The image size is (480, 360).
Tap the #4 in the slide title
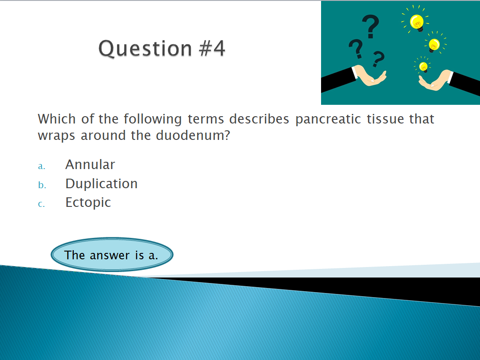pos(212,48)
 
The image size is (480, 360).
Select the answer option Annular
pos(90,165)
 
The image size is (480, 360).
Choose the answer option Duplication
pos(101,184)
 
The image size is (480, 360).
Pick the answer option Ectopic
pos(88,203)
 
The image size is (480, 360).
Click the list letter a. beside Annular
pos(41,166)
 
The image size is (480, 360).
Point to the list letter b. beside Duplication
pos(42,185)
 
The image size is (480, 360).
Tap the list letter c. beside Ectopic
pos(41,204)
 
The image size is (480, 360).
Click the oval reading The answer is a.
pos(112,255)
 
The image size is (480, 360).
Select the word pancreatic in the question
pos(328,119)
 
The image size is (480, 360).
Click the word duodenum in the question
pos(193,135)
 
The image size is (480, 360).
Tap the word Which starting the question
pos(56,119)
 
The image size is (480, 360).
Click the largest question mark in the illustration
pos(371,26)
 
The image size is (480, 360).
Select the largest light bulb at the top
pos(417,22)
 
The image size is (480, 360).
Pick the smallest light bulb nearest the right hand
pos(424,67)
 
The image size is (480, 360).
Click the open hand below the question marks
pos(370,75)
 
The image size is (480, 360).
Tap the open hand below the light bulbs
pos(435,81)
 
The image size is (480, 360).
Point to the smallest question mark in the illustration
pos(378,59)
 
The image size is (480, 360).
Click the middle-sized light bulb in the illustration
pos(434,45)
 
